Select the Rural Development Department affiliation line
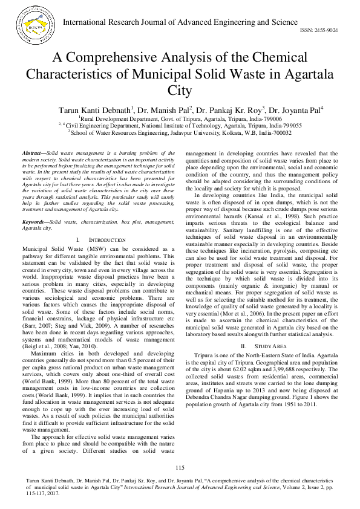pos(180,119)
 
